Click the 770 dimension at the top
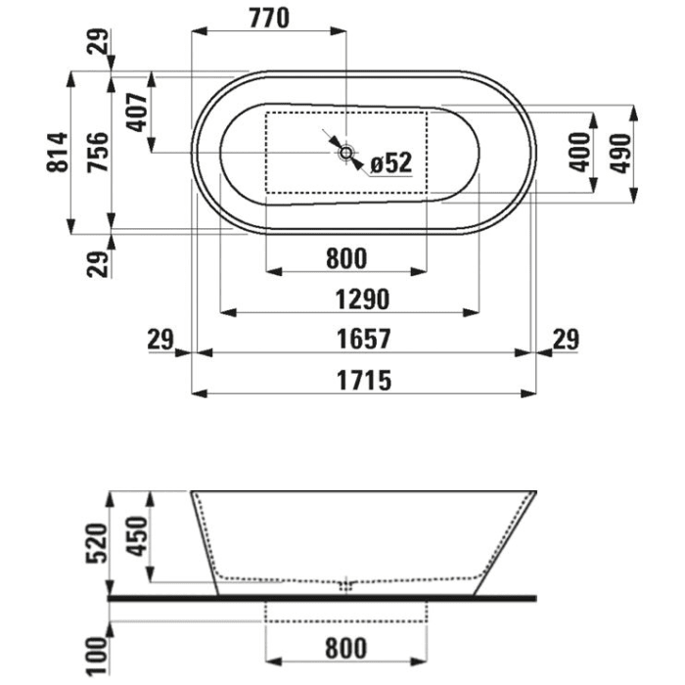(269, 19)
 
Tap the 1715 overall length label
(364, 380)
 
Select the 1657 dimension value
(364, 340)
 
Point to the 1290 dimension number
(362, 299)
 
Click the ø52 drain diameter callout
(391, 162)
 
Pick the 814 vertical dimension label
(58, 152)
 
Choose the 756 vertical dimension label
(97, 152)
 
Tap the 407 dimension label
(137, 113)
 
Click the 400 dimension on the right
(579, 153)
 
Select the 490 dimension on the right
(620, 154)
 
